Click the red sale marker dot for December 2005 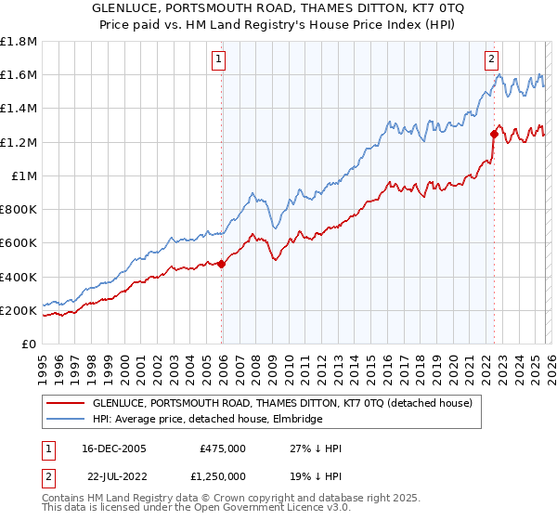coord(222,265)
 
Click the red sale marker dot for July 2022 coord(494,134)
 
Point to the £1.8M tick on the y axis coord(19,41)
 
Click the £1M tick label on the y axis coord(25,175)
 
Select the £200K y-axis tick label coord(19,310)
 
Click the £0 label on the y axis coord(30,344)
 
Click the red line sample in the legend coord(66,404)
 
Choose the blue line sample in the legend coord(66,420)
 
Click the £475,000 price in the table coord(222,448)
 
